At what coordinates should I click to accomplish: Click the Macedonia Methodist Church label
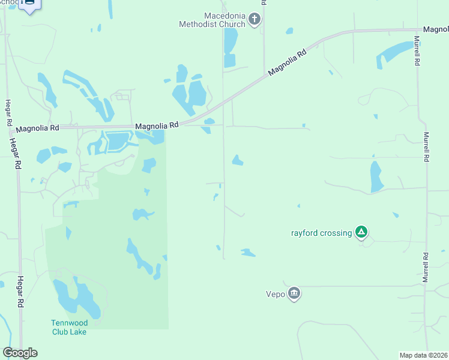pos(212,20)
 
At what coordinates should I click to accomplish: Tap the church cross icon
pos(255,20)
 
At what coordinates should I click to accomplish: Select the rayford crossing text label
pos(321,233)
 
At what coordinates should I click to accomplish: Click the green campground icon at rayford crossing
pos(361,232)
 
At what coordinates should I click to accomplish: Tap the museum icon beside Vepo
pos(294,293)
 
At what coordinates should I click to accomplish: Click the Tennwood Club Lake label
pos(68,328)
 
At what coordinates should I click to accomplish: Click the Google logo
pos(20,353)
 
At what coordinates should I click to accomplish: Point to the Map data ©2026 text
pos(423,355)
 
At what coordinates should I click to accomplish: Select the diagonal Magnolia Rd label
pos(288,62)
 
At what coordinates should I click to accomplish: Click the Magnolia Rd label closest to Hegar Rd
pos(38,128)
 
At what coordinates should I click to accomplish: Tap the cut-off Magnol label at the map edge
pos(435,29)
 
